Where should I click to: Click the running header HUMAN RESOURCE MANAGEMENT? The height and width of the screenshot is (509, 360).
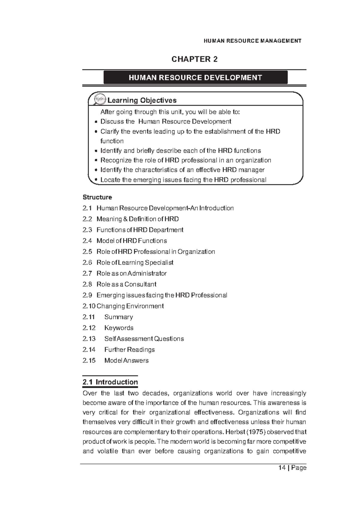252,41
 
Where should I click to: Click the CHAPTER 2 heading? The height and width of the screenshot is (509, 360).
194,59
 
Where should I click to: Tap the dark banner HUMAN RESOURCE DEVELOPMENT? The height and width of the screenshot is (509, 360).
195,78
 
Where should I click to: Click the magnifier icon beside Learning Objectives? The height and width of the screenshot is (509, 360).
100,99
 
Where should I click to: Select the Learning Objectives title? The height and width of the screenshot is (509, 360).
142,100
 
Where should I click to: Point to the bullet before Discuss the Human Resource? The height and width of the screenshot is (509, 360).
96,122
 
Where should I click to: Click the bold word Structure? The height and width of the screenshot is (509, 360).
97,197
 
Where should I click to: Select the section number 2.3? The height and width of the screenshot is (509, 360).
87,230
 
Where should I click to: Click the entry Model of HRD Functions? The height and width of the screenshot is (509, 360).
131,241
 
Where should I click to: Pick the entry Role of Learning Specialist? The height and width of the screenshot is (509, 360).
135,263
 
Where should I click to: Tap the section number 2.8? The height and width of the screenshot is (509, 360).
87,284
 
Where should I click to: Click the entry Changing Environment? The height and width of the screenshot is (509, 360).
130,306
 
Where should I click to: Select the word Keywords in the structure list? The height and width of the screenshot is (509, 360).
119,328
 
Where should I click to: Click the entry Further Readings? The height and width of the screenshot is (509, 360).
129,350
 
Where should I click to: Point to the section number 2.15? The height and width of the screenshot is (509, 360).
89,360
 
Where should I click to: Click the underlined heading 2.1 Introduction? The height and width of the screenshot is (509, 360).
110,382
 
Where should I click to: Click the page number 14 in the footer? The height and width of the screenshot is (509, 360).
282,468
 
